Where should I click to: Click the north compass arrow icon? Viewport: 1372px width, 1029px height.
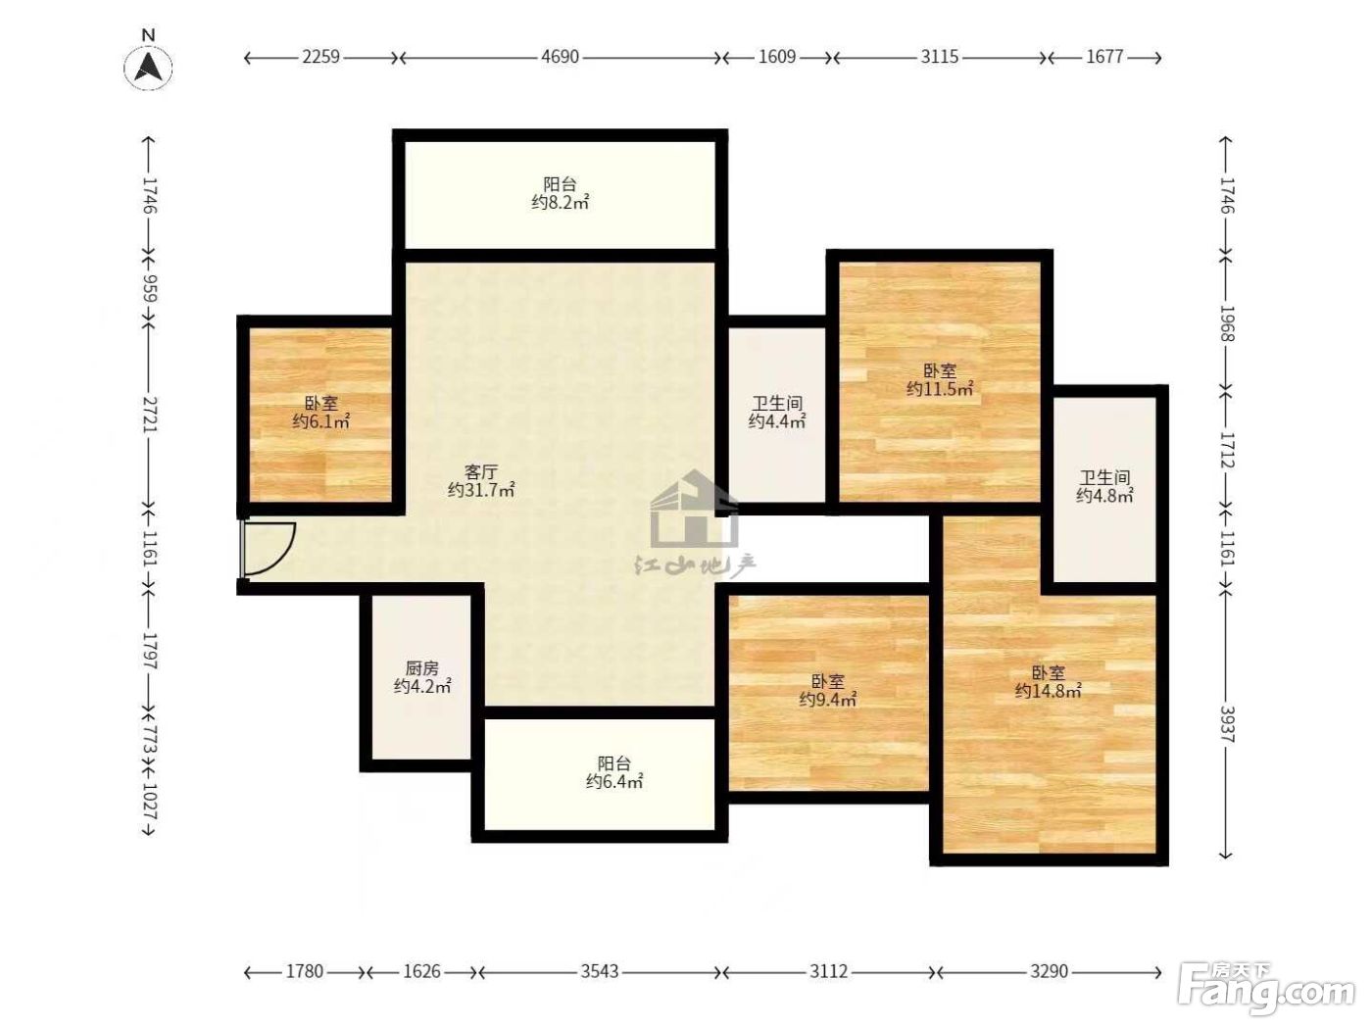(148, 67)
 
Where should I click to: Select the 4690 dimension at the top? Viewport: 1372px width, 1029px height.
(560, 58)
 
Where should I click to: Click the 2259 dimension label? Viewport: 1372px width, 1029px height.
(320, 58)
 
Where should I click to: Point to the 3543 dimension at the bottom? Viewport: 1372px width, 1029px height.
(600, 971)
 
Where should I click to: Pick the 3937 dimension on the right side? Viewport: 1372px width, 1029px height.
(1227, 725)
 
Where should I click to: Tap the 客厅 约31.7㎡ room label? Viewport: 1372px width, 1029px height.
(481, 481)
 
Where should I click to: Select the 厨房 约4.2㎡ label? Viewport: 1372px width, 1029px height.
(422, 677)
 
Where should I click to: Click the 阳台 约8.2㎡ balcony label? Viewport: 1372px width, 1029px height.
(560, 193)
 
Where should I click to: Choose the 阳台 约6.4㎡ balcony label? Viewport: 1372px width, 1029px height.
(614, 772)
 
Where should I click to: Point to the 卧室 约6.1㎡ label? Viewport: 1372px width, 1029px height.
(320, 413)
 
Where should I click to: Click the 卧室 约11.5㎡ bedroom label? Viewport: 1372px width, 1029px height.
(940, 380)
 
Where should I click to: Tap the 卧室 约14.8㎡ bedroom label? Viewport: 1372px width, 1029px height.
(1049, 682)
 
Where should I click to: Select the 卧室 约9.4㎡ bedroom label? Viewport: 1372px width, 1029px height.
(828, 690)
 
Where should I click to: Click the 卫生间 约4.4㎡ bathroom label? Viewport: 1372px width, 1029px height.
(777, 413)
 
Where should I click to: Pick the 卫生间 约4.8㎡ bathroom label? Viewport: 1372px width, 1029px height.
(1104, 487)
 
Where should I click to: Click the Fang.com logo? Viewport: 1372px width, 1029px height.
(1266, 989)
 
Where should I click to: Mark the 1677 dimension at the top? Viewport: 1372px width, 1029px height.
(1104, 58)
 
